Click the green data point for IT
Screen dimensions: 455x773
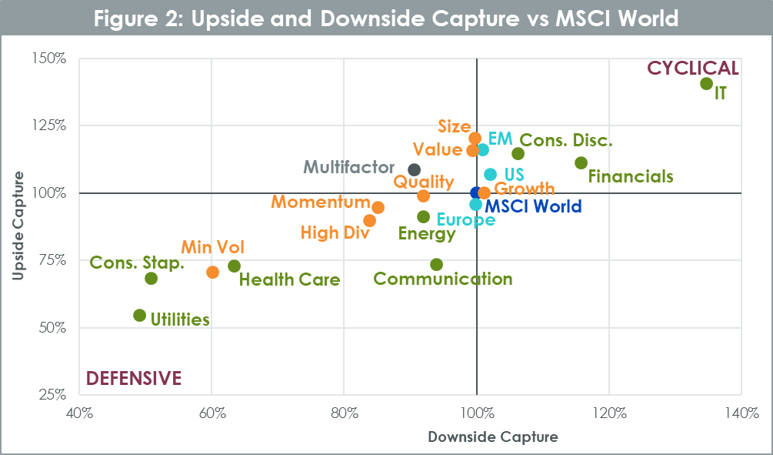point(706,84)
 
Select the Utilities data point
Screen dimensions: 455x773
point(139,316)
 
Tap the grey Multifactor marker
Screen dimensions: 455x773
point(414,169)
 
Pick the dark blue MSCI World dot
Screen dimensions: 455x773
point(476,192)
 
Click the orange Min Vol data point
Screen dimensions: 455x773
point(213,273)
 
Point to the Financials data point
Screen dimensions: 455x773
point(581,163)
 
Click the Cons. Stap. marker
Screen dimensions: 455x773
point(151,279)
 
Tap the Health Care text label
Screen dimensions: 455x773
point(289,280)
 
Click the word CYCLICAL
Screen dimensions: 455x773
point(692,69)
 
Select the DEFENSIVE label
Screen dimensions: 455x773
point(134,378)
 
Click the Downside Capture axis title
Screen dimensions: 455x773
point(492,437)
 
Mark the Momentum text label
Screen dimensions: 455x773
point(320,202)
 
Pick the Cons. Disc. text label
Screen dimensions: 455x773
point(566,140)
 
